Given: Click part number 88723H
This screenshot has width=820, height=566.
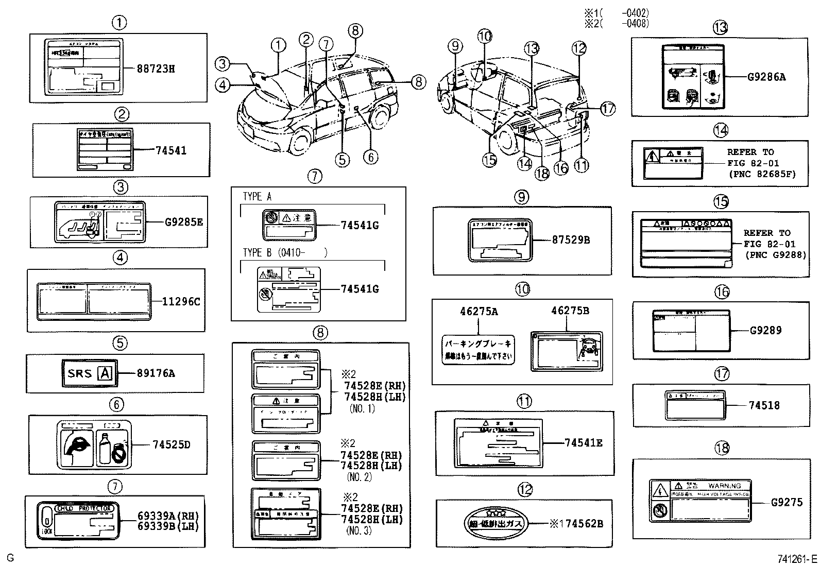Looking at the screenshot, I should tap(156, 68).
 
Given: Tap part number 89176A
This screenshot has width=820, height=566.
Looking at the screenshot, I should tap(156, 373).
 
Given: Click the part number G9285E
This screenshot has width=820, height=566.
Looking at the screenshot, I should tap(184, 222).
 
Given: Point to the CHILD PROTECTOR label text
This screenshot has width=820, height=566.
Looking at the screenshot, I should tap(84, 509).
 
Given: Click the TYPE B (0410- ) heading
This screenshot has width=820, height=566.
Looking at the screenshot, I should tap(285, 253).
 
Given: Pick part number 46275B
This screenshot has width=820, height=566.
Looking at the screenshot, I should tap(570, 311).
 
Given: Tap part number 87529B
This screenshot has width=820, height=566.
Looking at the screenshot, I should tap(571, 240).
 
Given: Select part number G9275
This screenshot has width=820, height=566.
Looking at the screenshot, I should tap(787, 502).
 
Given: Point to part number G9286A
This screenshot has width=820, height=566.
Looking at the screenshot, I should tap(766, 77).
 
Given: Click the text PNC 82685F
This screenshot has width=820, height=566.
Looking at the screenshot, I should tap(762, 174).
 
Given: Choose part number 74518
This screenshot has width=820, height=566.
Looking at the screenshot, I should tap(764, 405).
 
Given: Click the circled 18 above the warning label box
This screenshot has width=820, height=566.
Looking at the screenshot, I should tap(722, 448).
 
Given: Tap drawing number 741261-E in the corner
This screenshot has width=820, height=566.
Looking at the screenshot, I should tap(797, 559).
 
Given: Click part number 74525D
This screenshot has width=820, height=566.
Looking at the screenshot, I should tap(171, 444).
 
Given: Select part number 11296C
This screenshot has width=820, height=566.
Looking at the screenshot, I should tap(181, 302).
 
